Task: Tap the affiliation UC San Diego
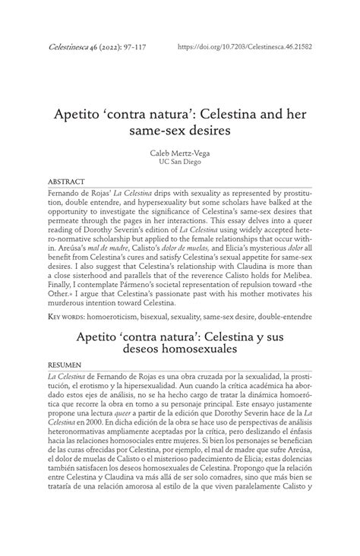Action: [x=179, y=163]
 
